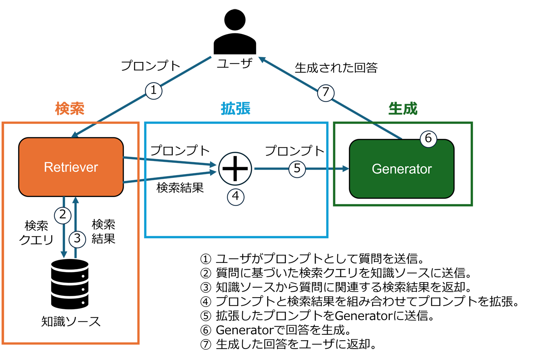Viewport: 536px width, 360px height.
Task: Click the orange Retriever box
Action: coord(71,167)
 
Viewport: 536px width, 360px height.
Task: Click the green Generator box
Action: coord(402,169)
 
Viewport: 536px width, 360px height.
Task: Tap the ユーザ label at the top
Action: coord(234,63)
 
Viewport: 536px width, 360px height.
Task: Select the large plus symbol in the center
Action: coord(234,168)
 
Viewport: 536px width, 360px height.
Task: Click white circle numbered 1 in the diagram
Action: coord(153,90)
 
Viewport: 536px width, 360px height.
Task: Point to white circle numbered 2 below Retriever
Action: coord(62,215)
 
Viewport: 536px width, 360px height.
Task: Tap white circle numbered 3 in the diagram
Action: coord(77,238)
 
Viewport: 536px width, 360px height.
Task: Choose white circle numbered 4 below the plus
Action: coord(235,196)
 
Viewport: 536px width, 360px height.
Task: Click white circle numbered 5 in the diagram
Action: coord(297,168)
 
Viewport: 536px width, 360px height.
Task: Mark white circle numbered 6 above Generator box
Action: coord(428,138)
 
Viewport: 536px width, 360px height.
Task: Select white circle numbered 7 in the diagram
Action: coord(326,92)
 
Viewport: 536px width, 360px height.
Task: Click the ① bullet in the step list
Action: coord(206,259)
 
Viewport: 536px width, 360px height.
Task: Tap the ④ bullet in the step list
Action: coord(206,302)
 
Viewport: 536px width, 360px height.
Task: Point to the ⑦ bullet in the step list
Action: coord(206,344)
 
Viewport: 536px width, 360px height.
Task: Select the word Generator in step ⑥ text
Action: coord(245,330)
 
